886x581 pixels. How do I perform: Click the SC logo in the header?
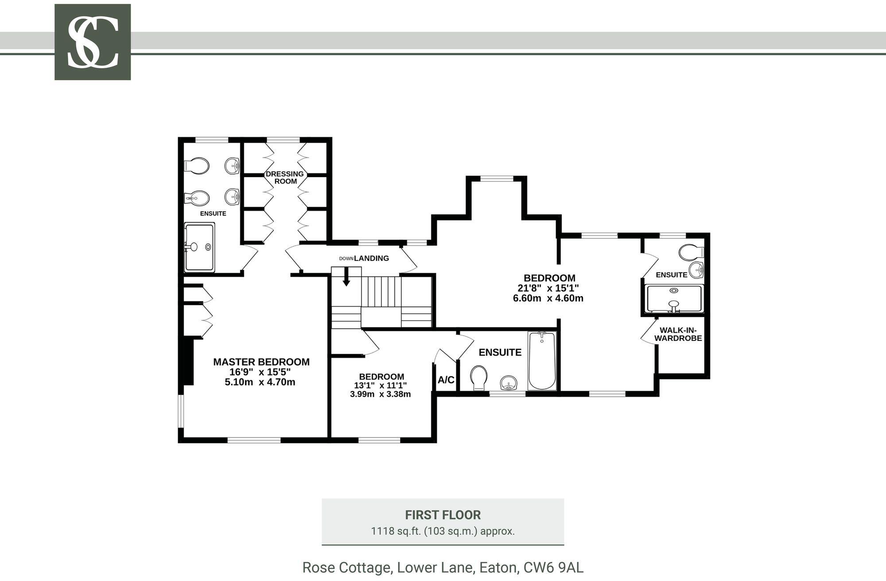(x=93, y=42)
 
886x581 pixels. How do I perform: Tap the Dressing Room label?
(x=285, y=178)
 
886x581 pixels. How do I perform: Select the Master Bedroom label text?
(x=261, y=362)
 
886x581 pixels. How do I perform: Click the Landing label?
(x=371, y=258)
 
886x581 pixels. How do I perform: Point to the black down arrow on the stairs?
(x=346, y=277)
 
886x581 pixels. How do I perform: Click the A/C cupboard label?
(x=446, y=380)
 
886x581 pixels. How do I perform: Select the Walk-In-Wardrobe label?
(x=678, y=334)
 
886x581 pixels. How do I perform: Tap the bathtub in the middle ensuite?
(x=542, y=360)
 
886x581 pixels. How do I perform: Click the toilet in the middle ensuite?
(x=478, y=378)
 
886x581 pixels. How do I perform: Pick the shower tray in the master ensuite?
(x=199, y=247)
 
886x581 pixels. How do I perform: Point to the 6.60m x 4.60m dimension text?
(x=548, y=298)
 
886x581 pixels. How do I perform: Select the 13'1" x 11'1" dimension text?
(x=381, y=386)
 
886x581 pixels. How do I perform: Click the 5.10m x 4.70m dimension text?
(x=260, y=382)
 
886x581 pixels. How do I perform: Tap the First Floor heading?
(x=443, y=515)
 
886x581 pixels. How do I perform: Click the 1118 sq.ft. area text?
(x=396, y=531)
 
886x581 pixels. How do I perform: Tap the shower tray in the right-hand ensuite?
(x=674, y=299)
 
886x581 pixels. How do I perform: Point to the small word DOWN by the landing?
(x=346, y=259)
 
